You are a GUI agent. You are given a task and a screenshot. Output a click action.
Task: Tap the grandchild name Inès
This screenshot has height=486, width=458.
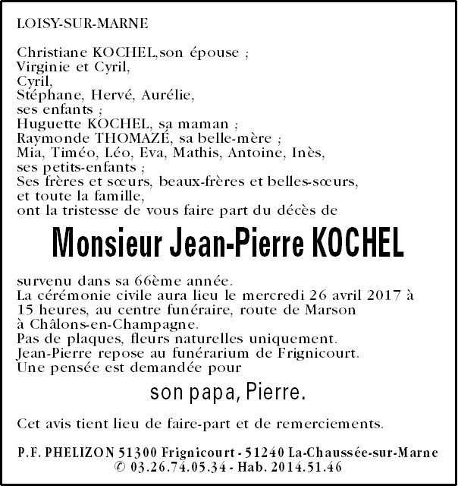coord(308,153)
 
